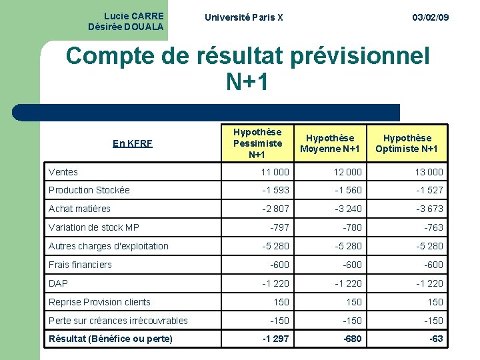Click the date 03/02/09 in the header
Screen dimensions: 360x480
pos(430,17)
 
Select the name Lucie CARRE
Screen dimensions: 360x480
pos(134,15)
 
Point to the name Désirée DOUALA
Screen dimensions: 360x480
pos(125,27)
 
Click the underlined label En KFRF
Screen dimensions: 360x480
pos(133,143)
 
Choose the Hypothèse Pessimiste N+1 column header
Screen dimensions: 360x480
pos(257,143)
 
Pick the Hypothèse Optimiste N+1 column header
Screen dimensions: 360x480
pos(407,143)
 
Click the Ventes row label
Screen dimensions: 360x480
pos(63,172)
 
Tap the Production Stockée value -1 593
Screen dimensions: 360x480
pos(275,190)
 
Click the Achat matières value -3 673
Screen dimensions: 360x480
pos(429,209)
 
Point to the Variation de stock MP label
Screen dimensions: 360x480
pos(94,227)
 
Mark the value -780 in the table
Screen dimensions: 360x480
pos(352,227)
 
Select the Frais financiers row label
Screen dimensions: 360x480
pos(80,265)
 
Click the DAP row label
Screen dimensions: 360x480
pos(59,283)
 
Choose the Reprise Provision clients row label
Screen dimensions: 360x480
pos(99,302)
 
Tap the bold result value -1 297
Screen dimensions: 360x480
pos(275,339)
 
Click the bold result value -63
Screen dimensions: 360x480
pos(436,339)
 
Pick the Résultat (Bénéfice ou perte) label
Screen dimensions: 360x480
pos(111,339)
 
